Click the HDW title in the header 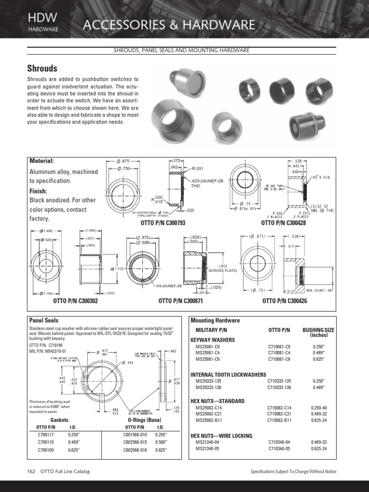pyautogui.click(x=43, y=18)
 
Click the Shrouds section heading pyautogui.click(x=43, y=68)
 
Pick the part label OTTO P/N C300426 pyautogui.click(x=284, y=301)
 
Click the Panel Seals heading pyautogui.click(x=45, y=320)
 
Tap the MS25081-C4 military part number pyautogui.click(x=208, y=353)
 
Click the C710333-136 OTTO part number pyautogui.click(x=279, y=387)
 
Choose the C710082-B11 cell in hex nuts pyautogui.click(x=279, y=420)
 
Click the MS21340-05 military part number pyautogui.click(x=207, y=448)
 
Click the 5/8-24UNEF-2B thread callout pyautogui.click(x=168, y=286)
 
